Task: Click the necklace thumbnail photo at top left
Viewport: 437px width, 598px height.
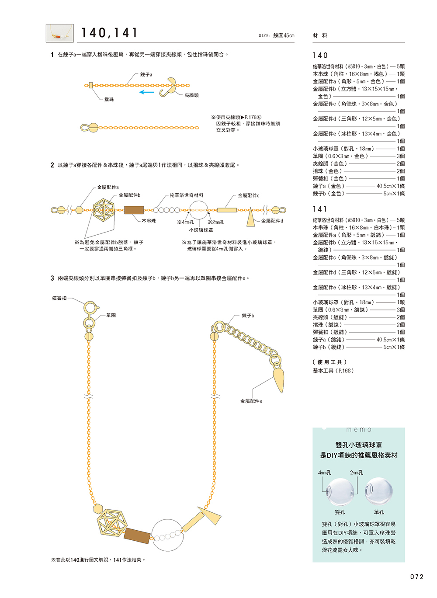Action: pos(60,33)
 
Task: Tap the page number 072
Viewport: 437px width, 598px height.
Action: pos(417,577)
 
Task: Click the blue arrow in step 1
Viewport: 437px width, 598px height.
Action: pos(147,92)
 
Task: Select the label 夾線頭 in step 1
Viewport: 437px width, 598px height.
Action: pos(191,95)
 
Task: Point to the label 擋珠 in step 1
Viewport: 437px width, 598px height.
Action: pos(109,100)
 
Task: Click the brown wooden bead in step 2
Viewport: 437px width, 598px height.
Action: pos(134,210)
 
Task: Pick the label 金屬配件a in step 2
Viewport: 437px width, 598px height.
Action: pos(108,187)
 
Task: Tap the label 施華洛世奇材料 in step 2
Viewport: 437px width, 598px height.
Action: pos(187,195)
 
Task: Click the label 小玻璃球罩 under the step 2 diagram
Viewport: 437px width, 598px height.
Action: pos(201,230)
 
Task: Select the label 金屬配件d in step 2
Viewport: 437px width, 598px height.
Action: pos(272,221)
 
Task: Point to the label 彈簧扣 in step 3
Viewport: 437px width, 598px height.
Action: pos(59,298)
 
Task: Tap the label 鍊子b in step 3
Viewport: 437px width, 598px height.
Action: pos(248,316)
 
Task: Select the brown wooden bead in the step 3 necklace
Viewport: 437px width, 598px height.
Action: pos(137,536)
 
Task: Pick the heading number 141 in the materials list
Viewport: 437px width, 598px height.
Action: pos(320,209)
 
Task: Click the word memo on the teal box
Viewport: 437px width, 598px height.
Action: pos(359,430)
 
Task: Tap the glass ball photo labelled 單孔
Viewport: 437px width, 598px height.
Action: pos(378,490)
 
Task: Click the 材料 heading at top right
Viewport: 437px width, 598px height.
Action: pos(320,35)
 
